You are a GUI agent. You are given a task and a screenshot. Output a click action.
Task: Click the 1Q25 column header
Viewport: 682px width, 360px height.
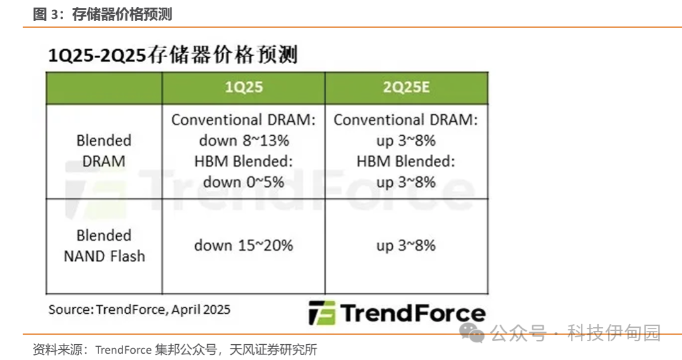tap(244, 87)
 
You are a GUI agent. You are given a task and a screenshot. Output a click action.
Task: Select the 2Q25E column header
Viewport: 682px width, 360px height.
tap(406, 87)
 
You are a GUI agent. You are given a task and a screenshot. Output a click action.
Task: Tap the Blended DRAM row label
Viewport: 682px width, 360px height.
tap(104, 151)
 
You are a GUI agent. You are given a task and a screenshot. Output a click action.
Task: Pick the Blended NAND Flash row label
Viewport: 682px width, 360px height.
tap(104, 246)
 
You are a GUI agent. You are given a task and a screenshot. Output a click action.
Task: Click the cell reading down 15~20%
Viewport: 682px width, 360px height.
tap(244, 246)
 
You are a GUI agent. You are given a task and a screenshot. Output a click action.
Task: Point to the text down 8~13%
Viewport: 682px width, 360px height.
tap(244, 140)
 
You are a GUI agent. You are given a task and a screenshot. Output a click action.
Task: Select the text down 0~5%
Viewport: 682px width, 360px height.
tap(244, 182)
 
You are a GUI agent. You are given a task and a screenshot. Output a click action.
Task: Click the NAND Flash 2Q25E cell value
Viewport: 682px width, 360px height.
tap(406, 246)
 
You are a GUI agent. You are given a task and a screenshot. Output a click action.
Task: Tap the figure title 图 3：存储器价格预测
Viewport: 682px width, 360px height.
tap(103, 15)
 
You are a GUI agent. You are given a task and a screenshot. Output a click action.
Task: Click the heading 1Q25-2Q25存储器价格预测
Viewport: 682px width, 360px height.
tap(172, 55)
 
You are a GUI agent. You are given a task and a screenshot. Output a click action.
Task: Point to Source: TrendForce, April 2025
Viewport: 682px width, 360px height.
tap(139, 309)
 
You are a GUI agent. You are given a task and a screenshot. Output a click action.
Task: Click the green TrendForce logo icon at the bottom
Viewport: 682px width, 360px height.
tap(322, 313)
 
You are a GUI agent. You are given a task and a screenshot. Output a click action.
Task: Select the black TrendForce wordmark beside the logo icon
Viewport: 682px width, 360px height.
tap(413, 313)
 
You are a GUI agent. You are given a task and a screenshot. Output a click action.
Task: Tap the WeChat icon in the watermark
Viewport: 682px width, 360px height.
tap(472, 333)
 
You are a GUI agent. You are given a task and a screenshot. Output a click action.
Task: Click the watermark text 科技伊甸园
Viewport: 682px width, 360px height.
tap(614, 333)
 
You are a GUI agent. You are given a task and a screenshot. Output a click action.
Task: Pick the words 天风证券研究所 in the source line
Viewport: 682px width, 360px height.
tap(273, 349)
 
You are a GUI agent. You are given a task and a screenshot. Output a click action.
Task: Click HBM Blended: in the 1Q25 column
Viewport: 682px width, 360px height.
tap(244, 161)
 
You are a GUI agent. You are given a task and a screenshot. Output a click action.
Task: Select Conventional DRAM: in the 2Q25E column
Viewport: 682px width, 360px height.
tap(406, 119)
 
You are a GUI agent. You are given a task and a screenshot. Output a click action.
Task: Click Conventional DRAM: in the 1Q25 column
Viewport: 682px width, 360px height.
tap(244, 119)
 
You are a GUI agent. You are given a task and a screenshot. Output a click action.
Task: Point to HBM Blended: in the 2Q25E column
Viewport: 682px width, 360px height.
tap(406, 161)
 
